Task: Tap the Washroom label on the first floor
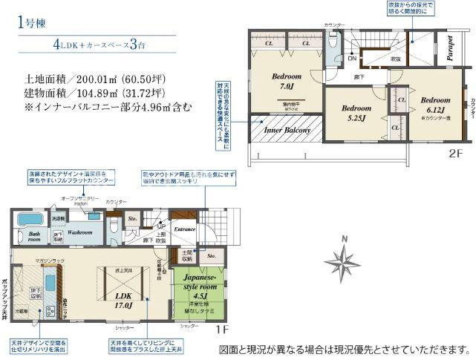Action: pyautogui.click(x=79, y=232)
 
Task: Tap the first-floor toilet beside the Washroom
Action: pyautogui.click(x=113, y=223)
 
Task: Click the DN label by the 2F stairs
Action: pyautogui.click(x=353, y=58)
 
